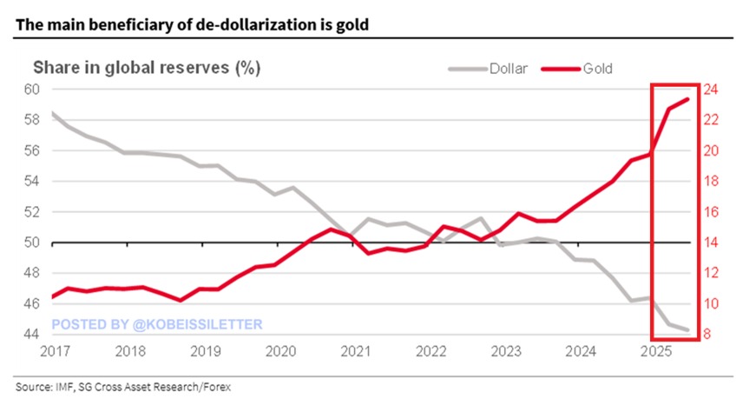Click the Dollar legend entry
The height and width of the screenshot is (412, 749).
508,68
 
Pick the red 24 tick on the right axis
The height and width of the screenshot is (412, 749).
709,90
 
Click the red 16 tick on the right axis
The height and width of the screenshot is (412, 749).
709,212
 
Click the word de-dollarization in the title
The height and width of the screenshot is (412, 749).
245,24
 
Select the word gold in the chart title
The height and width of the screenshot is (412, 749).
353,24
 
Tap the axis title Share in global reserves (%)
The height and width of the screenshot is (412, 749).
147,67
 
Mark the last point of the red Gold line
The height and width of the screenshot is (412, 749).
689,98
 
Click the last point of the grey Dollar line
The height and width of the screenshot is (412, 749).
689,330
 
